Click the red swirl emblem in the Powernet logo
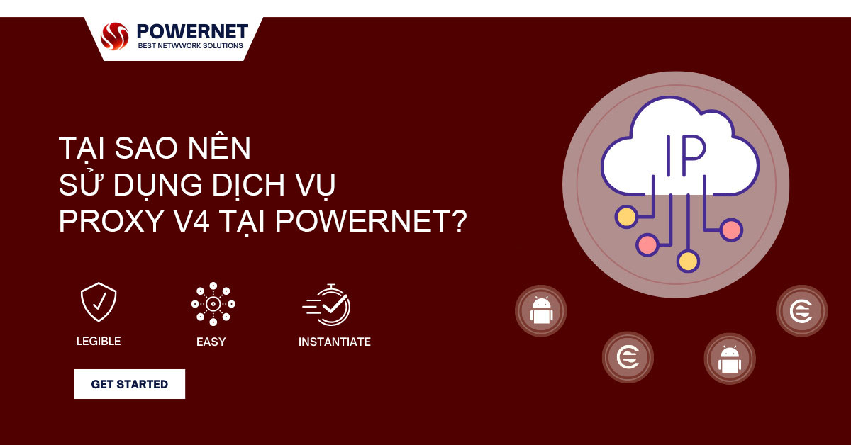point(114,36)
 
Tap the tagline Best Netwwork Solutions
point(190,45)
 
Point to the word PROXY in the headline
point(111,221)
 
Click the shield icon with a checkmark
point(99,302)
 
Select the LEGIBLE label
point(99,341)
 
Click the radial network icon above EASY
point(213,304)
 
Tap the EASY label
point(211,342)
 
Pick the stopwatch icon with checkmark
point(327,305)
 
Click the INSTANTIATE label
point(334,342)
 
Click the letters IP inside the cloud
point(686,155)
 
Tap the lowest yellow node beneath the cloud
point(688,261)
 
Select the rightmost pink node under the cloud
point(731,230)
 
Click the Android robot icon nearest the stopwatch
point(541,310)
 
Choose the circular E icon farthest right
point(801,311)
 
